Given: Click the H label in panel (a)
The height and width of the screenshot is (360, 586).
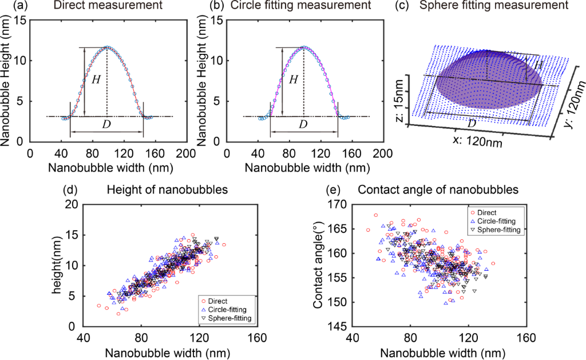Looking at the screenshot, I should pyautogui.click(x=96, y=80).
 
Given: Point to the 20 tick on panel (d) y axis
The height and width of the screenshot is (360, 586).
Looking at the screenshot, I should pyautogui.click(x=71, y=204).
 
